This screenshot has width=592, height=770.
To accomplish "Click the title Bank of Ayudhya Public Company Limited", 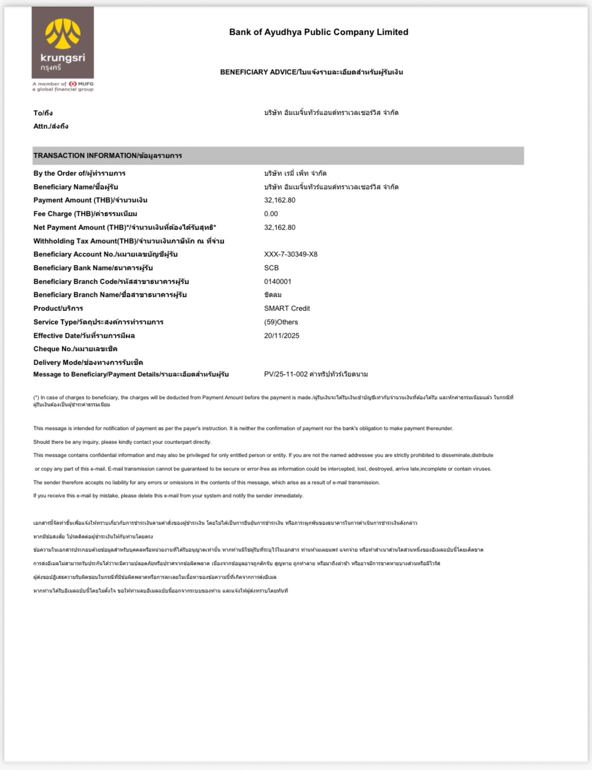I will [318, 32].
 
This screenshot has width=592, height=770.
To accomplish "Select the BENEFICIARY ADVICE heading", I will [311, 72].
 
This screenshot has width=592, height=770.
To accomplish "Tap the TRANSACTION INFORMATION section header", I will [108, 156].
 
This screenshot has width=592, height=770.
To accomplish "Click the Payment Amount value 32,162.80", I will [280, 200].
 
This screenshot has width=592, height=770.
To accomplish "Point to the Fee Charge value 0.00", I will [271, 214].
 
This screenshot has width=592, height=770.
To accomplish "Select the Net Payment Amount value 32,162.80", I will [280, 227].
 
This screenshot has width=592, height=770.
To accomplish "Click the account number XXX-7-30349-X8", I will [291, 254].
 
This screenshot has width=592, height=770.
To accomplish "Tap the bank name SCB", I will [271, 268].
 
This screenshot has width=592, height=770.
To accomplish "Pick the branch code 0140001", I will [278, 282].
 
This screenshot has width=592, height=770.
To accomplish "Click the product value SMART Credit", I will [287, 309].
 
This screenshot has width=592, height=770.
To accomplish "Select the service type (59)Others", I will [281, 322].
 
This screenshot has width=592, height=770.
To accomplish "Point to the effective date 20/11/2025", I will [282, 336].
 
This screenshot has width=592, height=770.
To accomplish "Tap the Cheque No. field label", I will [75, 349].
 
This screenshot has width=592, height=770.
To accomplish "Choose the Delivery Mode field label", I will [88, 363].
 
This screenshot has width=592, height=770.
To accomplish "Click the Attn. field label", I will [51, 127].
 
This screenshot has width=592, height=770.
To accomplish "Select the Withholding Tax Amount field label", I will [129, 241].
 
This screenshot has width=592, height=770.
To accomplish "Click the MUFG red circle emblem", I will [72, 84].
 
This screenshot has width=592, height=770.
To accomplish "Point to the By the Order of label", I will [79, 174].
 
